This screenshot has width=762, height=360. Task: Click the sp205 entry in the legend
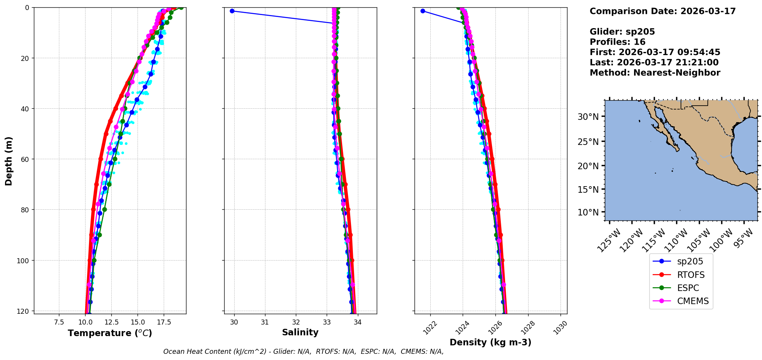coord(690,262)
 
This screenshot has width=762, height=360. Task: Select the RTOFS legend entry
coord(690,275)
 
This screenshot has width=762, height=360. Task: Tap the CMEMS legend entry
coord(692,301)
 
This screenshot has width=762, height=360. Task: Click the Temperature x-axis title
coord(110,333)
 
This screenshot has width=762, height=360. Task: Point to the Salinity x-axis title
coord(300,332)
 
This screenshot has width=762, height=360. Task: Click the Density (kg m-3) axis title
coord(490,342)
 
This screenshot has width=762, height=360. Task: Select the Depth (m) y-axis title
coord(8,161)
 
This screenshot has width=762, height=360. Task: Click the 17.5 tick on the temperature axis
coord(163,322)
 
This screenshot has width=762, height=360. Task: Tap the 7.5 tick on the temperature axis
coord(59,322)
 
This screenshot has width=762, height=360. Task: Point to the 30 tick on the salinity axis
coord(234,322)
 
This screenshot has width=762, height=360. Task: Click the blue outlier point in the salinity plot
coord(232,11)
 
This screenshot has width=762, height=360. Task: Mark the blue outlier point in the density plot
coord(423,11)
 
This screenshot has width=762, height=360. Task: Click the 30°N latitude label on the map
coord(588,117)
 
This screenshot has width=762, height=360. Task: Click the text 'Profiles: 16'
coord(617,42)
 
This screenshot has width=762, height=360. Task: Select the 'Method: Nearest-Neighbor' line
coord(655,73)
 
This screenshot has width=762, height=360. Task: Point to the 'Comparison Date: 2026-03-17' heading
coord(662,11)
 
